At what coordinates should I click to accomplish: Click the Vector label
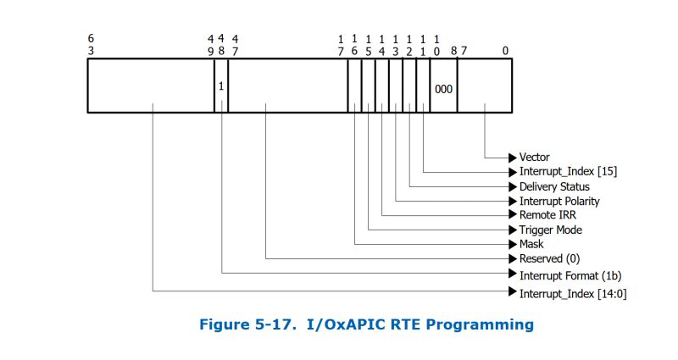(x=534, y=157)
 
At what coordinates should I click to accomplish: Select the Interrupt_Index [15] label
(x=568, y=171)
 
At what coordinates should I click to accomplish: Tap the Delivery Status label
(x=554, y=186)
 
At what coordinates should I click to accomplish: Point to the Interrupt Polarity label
(x=559, y=201)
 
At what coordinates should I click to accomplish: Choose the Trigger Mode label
(x=550, y=230)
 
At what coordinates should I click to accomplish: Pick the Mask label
(x=531, y=244)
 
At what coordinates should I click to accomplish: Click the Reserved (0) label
(x=549, y=258)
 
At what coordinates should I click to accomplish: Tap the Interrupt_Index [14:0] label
(x=572, y=292)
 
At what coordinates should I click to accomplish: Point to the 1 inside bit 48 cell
(x=221, y=87)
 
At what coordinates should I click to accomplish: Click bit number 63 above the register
(x=91, y=44)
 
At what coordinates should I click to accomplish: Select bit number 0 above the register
(x=505, y=50)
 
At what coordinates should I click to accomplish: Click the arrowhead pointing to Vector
(x=512, y=157)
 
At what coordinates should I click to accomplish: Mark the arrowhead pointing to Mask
(x=512, y=244)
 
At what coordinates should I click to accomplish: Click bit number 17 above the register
(x=341, y=44)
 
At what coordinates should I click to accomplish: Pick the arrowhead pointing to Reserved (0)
(x=512, y=258)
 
